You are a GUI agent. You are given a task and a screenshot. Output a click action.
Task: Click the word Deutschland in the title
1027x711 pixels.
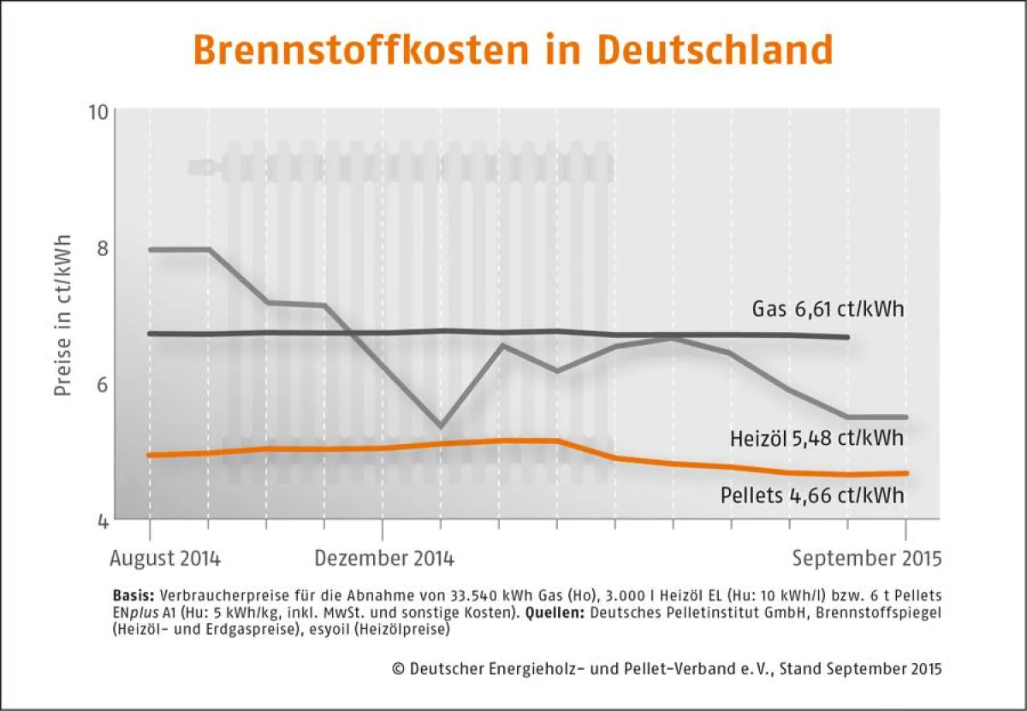pos(715,50)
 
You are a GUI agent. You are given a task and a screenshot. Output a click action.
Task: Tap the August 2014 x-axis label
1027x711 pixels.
pos(165,559)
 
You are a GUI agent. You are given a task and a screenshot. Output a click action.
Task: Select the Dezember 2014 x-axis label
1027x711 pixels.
pos(384,559)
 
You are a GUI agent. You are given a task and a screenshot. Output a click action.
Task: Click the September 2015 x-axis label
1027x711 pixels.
pos(866,559)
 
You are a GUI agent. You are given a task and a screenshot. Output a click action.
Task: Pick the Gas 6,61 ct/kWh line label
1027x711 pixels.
pos(828,308)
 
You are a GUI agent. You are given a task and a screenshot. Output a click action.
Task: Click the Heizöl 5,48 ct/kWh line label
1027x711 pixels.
pos(816,439)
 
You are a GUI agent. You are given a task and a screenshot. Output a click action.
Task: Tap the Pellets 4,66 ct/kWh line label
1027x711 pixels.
pos(812,495)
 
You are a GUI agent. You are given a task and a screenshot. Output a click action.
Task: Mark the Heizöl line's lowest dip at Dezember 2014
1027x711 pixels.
pos(440,425)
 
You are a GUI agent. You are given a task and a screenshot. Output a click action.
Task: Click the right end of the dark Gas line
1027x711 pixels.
pos(847,337)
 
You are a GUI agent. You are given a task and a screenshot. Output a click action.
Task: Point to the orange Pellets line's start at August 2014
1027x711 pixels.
pos(150,455)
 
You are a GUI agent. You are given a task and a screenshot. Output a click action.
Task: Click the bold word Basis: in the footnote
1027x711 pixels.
pos(133,594)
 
